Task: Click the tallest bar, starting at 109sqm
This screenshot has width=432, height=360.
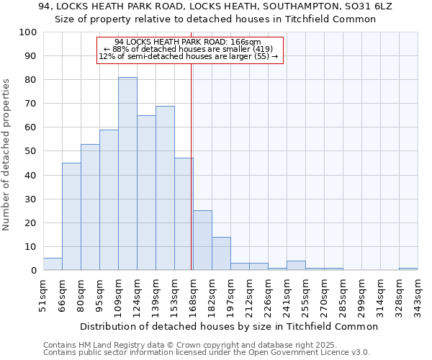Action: click(127, 174)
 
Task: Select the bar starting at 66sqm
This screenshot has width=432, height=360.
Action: click(71, 216)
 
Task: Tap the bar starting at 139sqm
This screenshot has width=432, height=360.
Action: click(165, 188)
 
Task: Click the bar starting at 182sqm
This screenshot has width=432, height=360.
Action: click(221, 253)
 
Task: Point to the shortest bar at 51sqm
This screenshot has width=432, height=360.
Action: click(53, 264)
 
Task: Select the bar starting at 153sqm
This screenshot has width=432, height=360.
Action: click(184, 214)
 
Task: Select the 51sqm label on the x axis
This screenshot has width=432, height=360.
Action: click(43, 294)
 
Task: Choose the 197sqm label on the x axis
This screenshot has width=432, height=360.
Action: click(230, 294)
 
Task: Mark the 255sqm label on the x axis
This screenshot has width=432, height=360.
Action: click(305, 294)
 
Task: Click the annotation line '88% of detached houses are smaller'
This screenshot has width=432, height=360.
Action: click(191, 49)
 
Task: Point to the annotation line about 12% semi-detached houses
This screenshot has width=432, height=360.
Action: click(188, 56)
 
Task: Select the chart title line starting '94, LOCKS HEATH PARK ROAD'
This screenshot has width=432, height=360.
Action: click(215, 6)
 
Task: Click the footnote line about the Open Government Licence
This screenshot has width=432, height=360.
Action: click(207, 353)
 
